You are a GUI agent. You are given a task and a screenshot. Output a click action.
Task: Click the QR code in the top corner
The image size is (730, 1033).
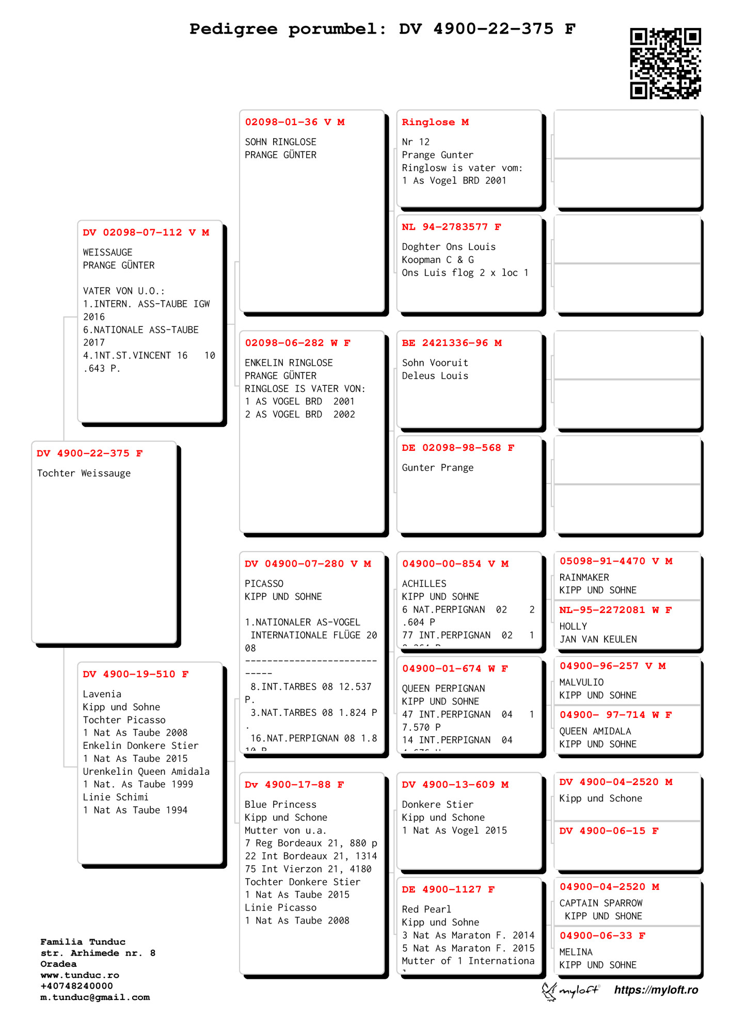point(665,63)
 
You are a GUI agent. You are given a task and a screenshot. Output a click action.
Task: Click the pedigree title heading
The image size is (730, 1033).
point(382,29)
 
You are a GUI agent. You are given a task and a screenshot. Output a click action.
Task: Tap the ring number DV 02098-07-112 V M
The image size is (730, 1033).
point(146,232)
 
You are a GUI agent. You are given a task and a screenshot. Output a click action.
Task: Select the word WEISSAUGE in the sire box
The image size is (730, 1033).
point(107,253)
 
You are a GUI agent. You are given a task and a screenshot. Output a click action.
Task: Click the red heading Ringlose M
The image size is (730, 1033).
point(435,122)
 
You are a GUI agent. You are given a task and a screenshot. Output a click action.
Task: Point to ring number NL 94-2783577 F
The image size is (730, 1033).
point(451,227)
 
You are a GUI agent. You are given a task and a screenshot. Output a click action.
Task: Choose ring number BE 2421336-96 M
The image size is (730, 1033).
point(451,343)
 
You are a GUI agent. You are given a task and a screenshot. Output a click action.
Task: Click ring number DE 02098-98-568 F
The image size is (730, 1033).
point(457,448)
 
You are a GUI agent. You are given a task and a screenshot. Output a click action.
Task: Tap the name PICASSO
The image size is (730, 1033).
point(264,584)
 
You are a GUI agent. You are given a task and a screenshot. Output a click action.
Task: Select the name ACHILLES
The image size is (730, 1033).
point(424,584)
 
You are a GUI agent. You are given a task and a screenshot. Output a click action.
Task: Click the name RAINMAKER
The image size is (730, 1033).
point(584,577)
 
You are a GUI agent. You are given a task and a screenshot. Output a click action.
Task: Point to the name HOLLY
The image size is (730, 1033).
point(573,627)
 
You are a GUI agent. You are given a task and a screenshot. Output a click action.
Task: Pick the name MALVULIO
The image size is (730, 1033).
point(581,682)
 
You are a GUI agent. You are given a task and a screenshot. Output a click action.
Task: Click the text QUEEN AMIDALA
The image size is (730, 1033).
point(595,731)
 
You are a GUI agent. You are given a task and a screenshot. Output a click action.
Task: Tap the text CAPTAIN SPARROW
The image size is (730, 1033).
point(601,903)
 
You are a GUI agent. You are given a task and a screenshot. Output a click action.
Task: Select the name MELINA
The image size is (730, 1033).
point(576,952)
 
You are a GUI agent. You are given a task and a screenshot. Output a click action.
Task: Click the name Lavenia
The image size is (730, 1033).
point(102,694)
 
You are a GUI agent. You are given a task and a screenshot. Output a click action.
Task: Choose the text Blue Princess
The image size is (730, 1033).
point(280,805)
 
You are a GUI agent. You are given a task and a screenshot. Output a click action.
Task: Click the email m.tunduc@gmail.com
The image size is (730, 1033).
point(95,997)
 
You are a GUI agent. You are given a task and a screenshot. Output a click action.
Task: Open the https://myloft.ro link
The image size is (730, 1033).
point(656,990)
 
